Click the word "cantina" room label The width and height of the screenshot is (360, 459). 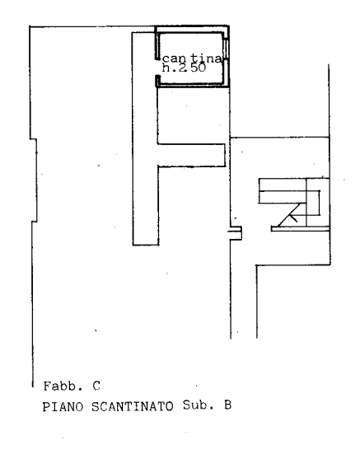tap(192, 59)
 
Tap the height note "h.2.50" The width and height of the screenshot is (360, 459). tap(184, 68)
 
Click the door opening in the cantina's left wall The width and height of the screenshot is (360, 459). tap(157, 68)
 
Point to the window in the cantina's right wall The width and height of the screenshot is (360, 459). tap(226, 49)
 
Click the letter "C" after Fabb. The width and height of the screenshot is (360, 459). tap(96, 386)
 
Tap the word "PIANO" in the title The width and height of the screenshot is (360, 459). tap(63, 407)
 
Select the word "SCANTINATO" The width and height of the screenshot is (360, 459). tap(133, 406)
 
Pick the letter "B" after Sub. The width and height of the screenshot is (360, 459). tap(227, 405)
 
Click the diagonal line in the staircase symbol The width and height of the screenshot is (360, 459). tap(289, 215)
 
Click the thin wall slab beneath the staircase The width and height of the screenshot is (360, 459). tap(301, 229)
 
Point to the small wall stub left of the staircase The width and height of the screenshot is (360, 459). tap(235, 233)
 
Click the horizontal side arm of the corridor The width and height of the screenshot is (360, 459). tap(191, 155)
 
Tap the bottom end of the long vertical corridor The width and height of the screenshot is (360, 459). tap(146, 245)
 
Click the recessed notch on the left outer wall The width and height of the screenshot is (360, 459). tap(34, 180)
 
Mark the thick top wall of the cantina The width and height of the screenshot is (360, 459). tap(192, 29)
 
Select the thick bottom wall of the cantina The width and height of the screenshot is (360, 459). tap(193, 86)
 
